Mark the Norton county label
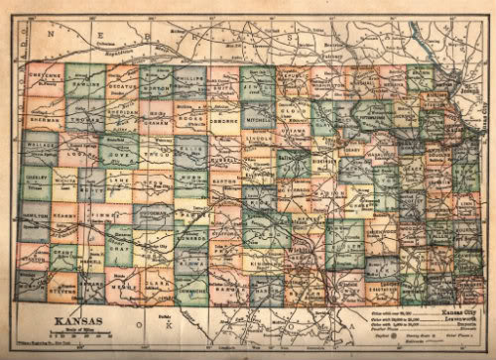(x=159, y=86)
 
